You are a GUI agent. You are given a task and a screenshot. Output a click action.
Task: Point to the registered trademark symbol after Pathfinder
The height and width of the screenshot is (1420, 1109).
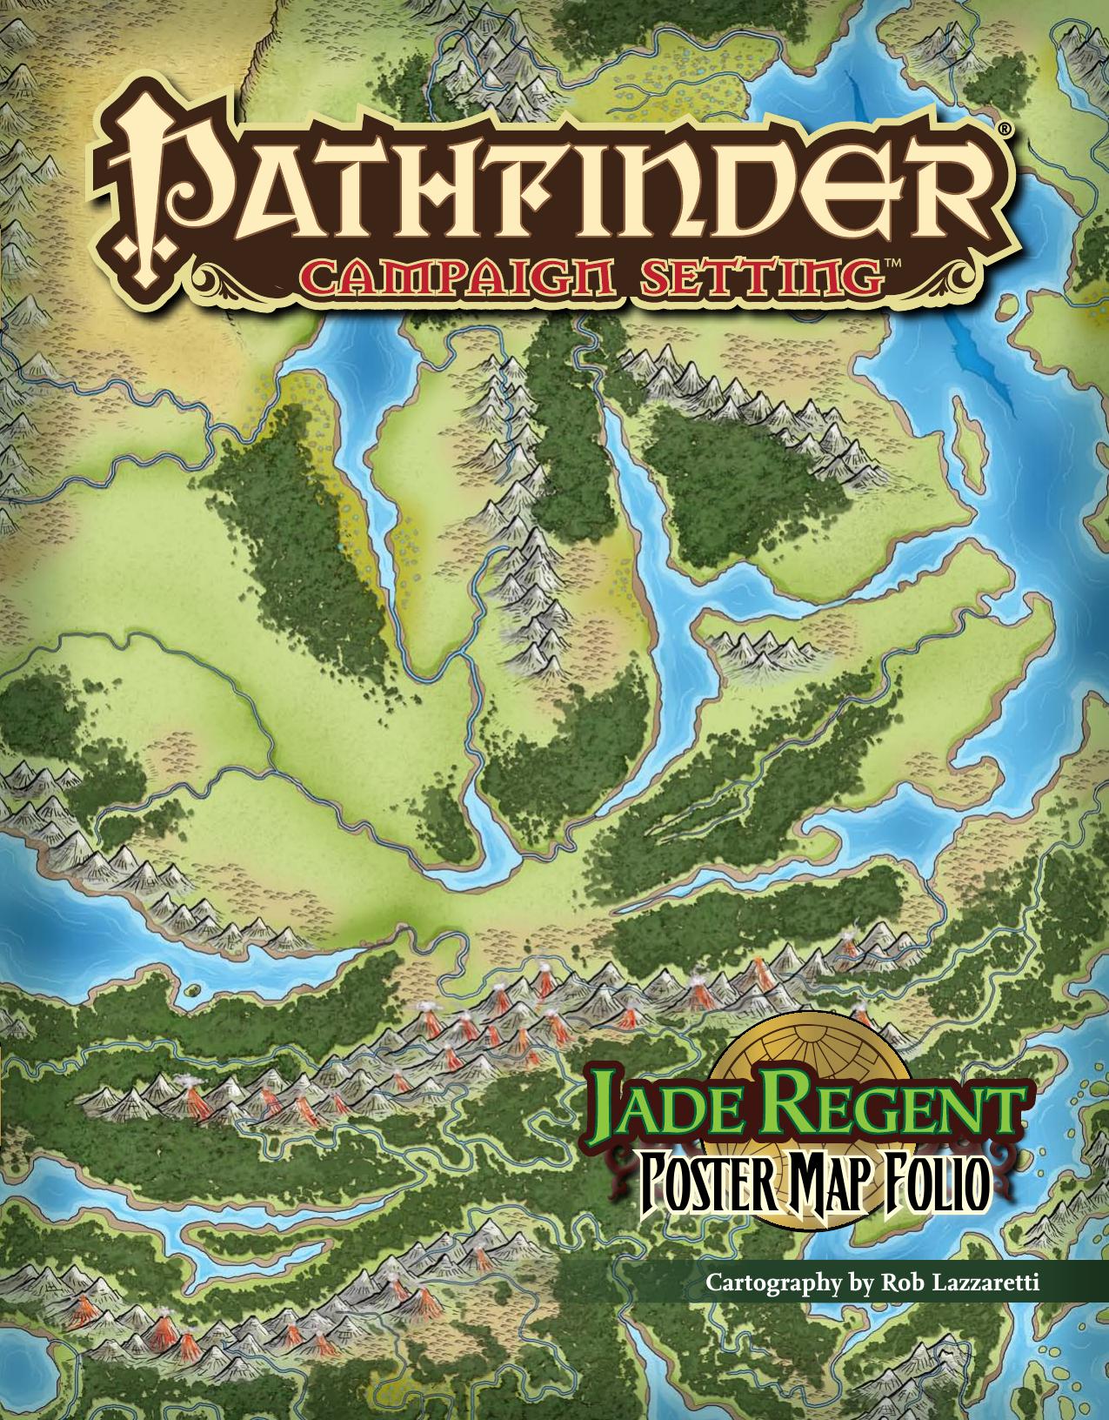coord(1003,128)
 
